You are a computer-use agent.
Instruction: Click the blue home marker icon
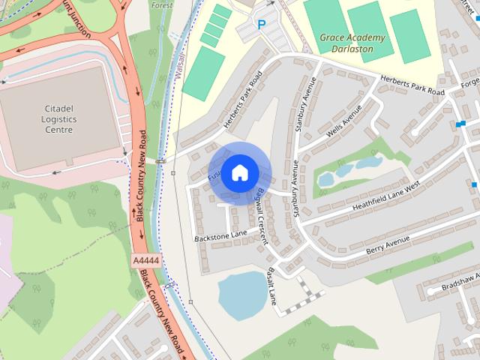tap(239, 172)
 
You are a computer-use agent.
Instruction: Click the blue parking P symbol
tap(261, 25)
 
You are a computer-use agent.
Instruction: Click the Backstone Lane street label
tap(220, 235)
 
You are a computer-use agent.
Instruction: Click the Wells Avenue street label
tap(344, 119)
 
